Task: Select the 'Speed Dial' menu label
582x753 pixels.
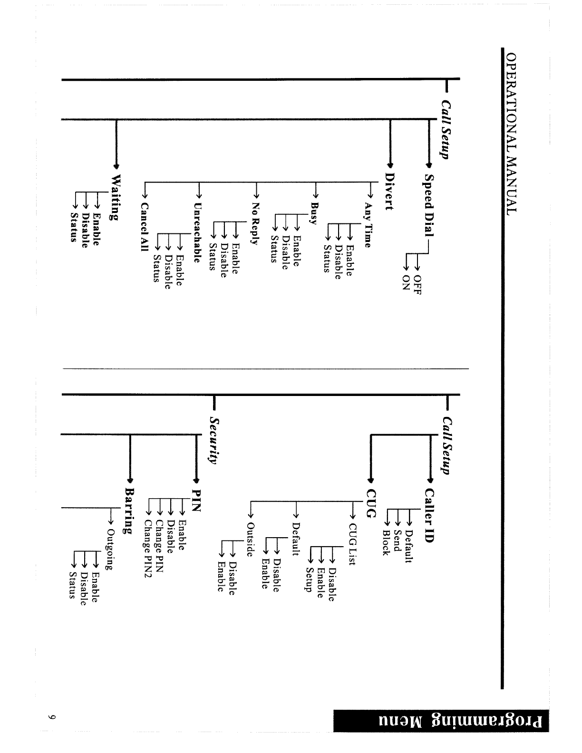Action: pos(428,207)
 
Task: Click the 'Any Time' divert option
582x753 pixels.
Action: pos(367,225)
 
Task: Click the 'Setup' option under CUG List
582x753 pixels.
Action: pos(309,579)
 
